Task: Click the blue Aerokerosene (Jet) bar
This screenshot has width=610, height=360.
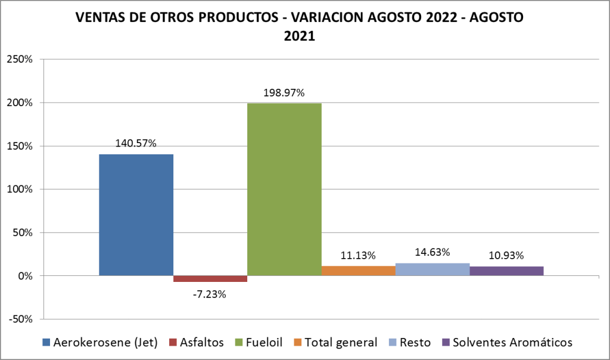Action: pyautogui.click(x=136, y=215)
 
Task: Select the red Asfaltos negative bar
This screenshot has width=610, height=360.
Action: pyautogui.click(x=210, y=278)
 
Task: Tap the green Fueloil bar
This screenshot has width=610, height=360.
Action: pyautogui.click(x=284, y=190)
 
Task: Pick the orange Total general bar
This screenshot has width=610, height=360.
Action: pyautogui.click(x=358, y=271)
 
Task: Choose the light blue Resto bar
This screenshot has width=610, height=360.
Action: pyautogui.click(x=432, y=269)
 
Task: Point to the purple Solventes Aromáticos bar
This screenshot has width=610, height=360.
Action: pyautogui.click(x=506, y=271)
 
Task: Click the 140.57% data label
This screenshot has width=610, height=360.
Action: pyautogui.click(x=136, y=143)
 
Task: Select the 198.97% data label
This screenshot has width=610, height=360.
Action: pyautogui.click(x=284, y=93)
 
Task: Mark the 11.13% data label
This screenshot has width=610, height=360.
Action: pyautogui.click(x=358, y=256)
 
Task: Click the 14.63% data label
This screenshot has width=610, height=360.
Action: pyautogui.click(x=432, y=252)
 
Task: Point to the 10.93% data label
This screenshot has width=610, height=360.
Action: pyautogui.click(x=506, y=256)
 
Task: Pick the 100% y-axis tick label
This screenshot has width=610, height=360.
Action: pyautogui.click(x=23, y=190)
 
